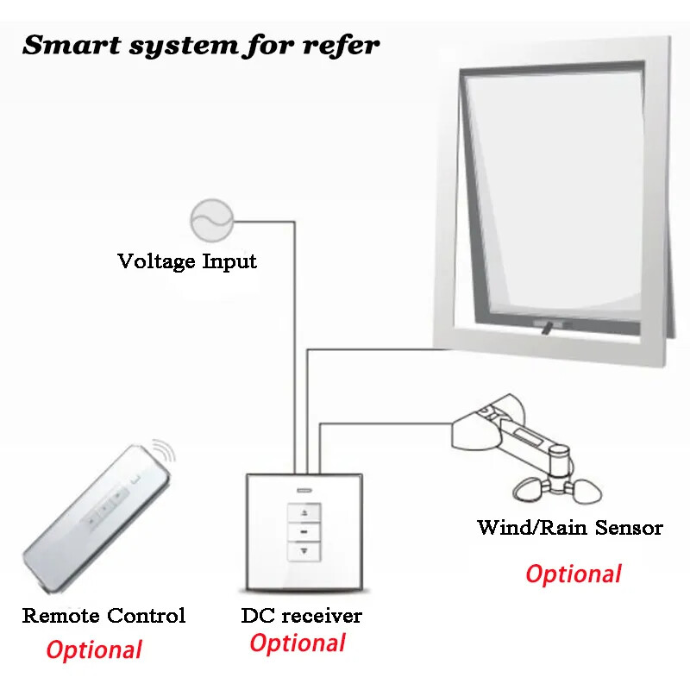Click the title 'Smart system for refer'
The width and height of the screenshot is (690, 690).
[x=201, y=45]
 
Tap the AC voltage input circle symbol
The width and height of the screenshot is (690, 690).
[x=211, y=221]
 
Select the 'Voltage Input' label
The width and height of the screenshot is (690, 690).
[x=187, y=260]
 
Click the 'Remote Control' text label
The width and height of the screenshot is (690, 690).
[x=103, y=616]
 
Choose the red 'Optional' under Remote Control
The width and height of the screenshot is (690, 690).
[x=94, y=650]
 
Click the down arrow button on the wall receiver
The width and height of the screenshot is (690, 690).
[x=304, y=549]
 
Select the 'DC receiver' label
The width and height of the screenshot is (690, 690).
[x=302, y=616]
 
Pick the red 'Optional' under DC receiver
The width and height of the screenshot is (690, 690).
[x=298, y=643]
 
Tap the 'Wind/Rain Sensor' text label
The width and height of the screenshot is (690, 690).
[x=570, y=527]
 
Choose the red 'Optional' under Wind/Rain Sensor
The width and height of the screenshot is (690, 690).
[x=574, y=574]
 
